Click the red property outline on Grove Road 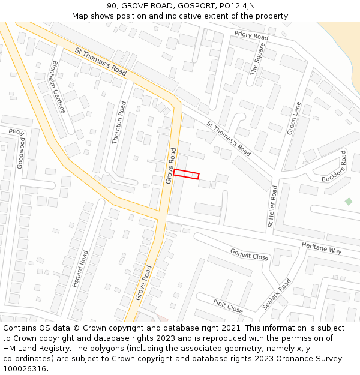pos(186,174)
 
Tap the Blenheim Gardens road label pos(58,86)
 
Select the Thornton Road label pos(119,122)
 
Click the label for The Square pos(257,62)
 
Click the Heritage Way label pos(321,248)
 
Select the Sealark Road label pos(277,293)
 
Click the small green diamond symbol pos(349,201)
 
